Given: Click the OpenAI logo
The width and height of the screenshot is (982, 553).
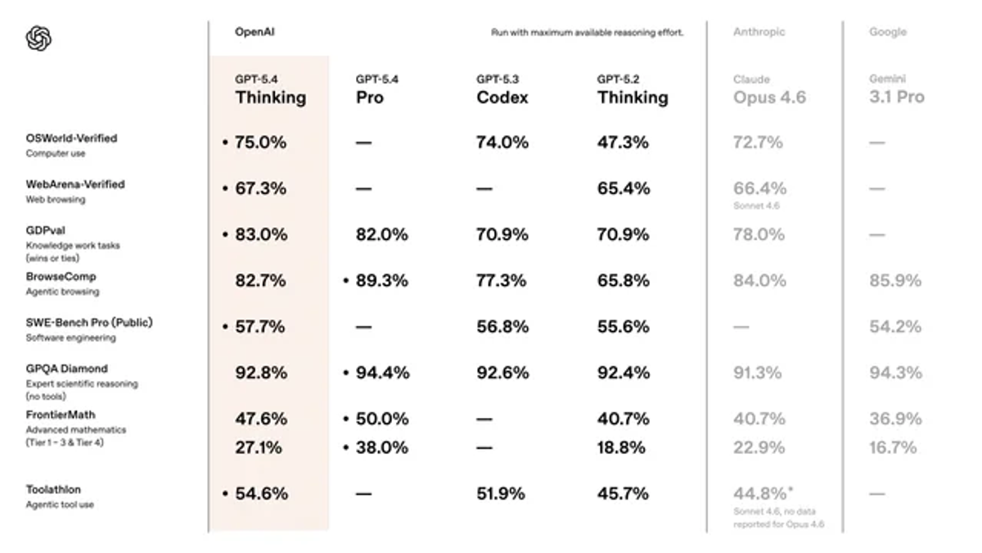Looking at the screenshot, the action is [38, 39].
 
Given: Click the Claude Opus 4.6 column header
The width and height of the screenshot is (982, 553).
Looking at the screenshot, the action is [769, 90].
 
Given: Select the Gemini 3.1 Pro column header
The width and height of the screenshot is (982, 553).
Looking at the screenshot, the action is [897, 90].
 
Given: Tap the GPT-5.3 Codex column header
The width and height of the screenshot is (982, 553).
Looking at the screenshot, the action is [502, 90].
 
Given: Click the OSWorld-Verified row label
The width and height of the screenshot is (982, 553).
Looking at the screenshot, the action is [71, 145].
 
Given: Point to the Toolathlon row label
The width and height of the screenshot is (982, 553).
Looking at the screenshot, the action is [60, 496].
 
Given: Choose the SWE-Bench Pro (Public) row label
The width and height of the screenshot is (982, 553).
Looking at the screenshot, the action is [89, 329].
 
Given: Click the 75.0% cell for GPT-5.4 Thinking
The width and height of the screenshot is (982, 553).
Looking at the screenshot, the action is [260, 143].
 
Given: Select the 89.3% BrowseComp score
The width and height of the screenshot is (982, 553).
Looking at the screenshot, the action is [382, 280].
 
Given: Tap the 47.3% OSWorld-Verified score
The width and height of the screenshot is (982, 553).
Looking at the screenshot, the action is [623, 143].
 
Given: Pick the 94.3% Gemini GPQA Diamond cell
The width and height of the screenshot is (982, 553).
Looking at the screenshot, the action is [895, 373].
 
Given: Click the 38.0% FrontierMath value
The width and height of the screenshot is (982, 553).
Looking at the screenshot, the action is [382, 447].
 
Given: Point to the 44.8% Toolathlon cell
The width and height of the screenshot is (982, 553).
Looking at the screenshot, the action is [763, 493].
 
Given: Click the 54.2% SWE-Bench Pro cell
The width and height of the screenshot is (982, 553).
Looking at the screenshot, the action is [895, 327].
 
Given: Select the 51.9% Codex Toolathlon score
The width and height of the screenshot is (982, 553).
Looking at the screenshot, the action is [501, 494].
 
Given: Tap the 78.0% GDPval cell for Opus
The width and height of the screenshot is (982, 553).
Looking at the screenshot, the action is [759, 234].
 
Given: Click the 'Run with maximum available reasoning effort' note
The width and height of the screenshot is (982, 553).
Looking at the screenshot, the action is [587, 33].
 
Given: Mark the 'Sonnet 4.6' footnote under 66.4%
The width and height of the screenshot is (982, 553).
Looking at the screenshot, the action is [756, 206].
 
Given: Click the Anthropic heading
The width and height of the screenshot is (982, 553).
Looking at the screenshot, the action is [759, 32].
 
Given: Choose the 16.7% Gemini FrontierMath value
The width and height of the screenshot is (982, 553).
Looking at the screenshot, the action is [893, 447].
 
